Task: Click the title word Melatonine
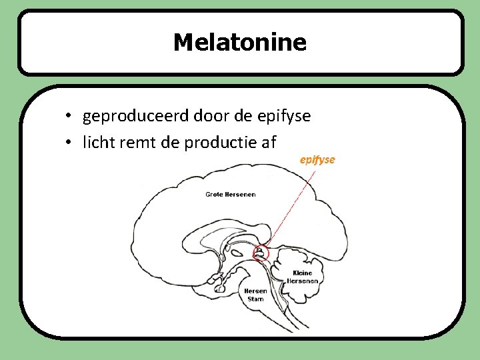[240, 43]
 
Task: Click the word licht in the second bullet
[97, 142]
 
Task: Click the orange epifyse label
[317, 160]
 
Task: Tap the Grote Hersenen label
[231, 195]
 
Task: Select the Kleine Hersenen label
[302, 277]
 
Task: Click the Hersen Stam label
[255, 295]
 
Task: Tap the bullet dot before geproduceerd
[69, 117]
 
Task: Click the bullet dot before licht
[69, 143]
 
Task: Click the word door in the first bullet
[212, 116]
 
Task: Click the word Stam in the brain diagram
[256, 299]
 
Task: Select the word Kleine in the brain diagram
[302, 273]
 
